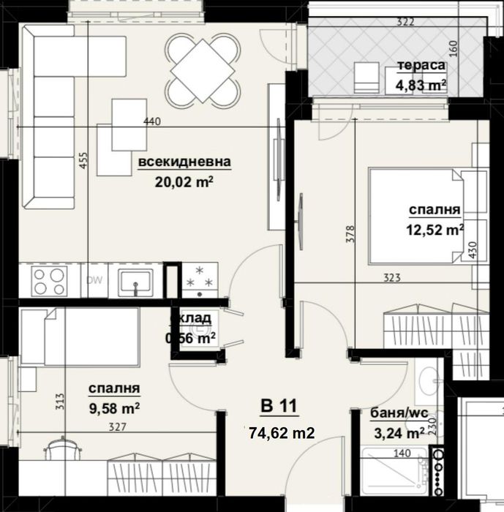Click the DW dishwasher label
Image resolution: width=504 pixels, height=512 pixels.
point(94,280)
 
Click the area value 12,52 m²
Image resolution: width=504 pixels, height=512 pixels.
point(435,230)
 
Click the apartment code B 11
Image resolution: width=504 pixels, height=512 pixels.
point(280,407)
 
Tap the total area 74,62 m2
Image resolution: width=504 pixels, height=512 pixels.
point(281,433)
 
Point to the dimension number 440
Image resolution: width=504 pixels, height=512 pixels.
point(151,121)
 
